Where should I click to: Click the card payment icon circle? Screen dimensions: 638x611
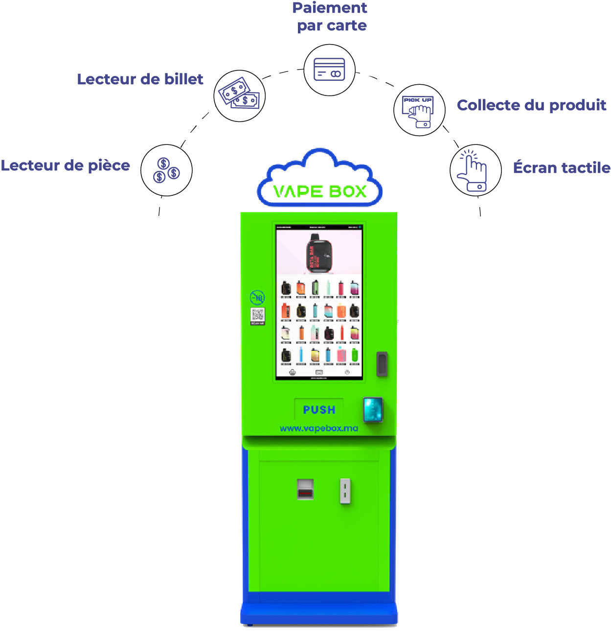pos(329,70)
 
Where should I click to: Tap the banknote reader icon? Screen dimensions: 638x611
pos(240,95)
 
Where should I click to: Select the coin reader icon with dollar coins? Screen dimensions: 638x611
pos(166,170)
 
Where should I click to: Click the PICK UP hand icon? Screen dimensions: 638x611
pos(419,110)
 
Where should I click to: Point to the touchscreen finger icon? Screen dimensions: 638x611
pos(475,170)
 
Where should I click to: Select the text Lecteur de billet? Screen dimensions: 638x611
pos(140,79)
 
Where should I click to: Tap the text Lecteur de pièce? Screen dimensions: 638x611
pos(66,165)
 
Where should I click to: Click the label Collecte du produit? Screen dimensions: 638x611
pos(531,105)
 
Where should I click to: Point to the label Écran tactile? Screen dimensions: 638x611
pos(561,167)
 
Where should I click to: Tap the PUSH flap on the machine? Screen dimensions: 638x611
pos(319,410)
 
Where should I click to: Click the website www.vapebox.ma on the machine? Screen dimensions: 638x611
pos(319,428)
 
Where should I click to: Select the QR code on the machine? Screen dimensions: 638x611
pos(258,315)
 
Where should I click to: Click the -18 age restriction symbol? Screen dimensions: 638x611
pos(257,297)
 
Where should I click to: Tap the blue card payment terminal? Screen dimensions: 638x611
pos(373,410)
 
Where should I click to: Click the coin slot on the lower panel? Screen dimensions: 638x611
pos(345,491)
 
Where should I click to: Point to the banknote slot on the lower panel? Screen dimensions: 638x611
pos(305,489)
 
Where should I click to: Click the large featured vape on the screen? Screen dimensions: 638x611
pos(319,253)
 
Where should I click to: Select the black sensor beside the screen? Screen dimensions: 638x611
pos(382,364)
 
